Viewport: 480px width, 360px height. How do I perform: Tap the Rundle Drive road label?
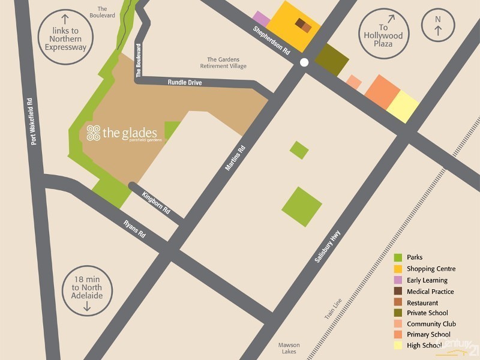click(x=185, y=82)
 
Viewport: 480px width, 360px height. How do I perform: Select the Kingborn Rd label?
click(x=156, y=203)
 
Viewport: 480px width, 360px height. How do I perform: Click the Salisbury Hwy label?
click(x=328, y=247)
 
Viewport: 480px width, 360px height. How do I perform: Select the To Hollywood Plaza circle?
click(x=383, y=36)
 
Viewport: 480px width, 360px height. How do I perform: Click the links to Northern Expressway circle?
click(x=61, y=36)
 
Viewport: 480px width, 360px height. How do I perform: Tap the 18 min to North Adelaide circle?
click(x=86, y=291)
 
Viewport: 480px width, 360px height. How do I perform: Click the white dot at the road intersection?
click(x=304, y=62)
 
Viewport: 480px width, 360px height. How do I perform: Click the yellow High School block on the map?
click(x=403, y=107)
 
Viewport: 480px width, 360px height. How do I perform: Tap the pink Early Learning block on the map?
click(x=260, y=19)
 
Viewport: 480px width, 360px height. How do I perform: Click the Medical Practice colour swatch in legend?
click(x=398, y=292)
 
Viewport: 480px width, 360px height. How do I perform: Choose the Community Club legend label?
click(x=431, y=324)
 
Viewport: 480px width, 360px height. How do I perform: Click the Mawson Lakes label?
click(x=289, y=349)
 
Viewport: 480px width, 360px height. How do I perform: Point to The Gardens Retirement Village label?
click(x=227, y=62)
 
